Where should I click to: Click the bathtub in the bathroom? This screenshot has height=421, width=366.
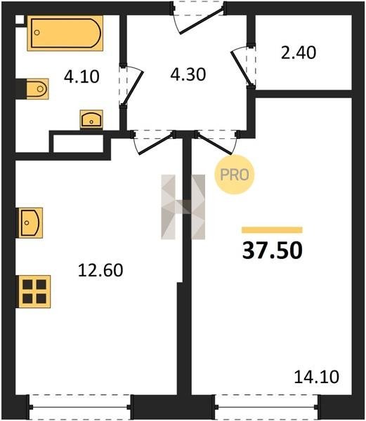[x=65, y=33]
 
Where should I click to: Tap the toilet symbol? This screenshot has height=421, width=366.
[x=37, y=88]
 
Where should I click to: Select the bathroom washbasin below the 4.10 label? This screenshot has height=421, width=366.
[x=91, y=119]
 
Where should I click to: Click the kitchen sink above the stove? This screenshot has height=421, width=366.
[x=30, y=223]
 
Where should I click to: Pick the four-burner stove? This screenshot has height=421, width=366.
[x=34, y=292]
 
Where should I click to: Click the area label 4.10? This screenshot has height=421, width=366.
[x=81, y=76]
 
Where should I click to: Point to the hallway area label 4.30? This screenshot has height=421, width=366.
[x=188, y=74]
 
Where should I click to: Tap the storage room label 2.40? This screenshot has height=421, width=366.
[x=299, y=53]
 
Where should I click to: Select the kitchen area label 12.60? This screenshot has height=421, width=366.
[x=100, y=270]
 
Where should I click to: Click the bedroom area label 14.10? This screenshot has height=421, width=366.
[x=317, y=377]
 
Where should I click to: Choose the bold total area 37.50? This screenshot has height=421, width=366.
[x=272, y=250]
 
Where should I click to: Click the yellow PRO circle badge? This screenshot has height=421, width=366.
[x=235, y=175]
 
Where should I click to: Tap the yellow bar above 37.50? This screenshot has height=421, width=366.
[x=272, y=230]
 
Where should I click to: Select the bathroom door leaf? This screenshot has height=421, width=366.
[x=133, y=88]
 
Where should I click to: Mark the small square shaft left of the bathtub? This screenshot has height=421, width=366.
[x=20, y=20]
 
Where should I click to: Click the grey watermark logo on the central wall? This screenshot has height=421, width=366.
[x=183, y=207]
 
